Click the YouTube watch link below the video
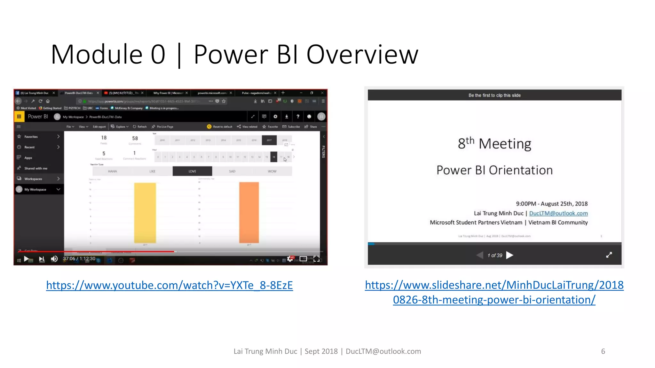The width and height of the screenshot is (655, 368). (170, 285)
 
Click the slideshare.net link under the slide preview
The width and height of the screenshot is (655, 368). (494, 292)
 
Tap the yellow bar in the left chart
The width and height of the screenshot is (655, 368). (145, 213)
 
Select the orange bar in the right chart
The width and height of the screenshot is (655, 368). (249, 213)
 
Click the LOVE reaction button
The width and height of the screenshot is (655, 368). (192, 171)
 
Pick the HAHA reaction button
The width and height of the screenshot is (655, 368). (112, 171)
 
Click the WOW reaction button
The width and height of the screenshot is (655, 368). (272, 171)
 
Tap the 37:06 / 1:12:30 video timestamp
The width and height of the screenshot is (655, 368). (79, 259)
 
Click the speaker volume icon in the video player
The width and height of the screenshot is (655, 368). (54, 259)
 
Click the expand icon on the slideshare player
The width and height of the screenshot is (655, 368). (609, 255)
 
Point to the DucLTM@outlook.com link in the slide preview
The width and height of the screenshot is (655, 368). (558, 213)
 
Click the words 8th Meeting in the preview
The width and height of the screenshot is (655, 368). (494, 143)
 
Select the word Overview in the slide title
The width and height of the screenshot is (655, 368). (362, 55)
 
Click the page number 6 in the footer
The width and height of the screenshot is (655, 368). (603, 351)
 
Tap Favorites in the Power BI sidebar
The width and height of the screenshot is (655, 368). (31, 137)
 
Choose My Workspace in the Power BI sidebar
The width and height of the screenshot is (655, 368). (35, 189)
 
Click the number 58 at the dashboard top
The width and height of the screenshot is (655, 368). (135, 138)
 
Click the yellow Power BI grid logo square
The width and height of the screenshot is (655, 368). (19, 117)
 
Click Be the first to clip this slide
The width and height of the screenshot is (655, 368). (494, 95)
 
